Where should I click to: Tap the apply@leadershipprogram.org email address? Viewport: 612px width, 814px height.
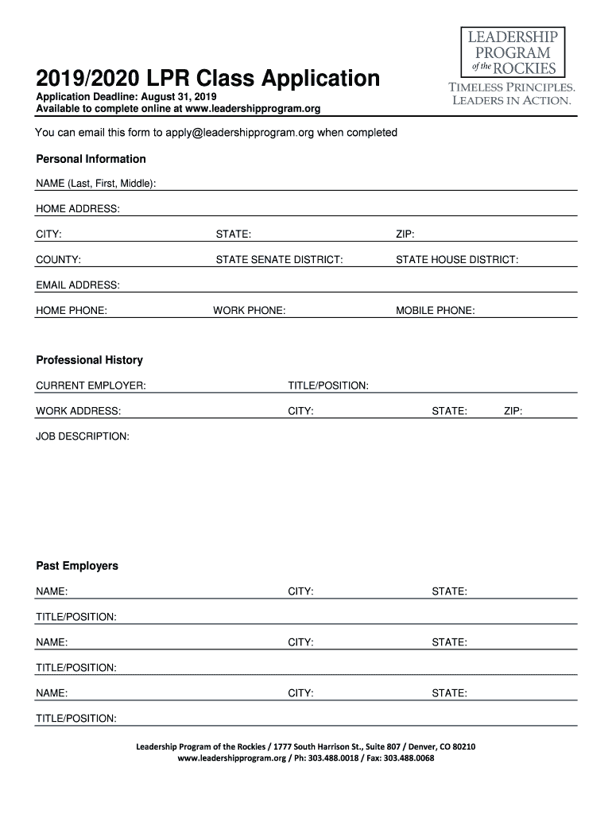click(239, 133)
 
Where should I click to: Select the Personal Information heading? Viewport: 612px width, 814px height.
click(91, 159)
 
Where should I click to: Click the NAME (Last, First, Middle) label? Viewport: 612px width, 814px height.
click(95, 184)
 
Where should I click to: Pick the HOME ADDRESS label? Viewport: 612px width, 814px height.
click(78, 209)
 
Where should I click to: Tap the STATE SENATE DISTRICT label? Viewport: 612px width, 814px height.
click(280, 260)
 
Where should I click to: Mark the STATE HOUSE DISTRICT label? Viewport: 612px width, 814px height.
click(457, 260)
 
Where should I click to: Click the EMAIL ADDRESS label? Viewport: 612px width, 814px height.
click(78, 285)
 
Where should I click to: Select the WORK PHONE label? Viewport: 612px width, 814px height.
click(250, 311)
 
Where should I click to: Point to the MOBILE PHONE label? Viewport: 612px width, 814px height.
click(436, 311)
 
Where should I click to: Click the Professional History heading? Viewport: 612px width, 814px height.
click(89, 360)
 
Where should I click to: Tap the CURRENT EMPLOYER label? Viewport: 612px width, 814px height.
click(91, 386)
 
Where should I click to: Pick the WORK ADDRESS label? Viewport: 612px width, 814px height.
click(78, 411)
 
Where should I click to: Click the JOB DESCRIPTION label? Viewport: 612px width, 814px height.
click(83, 436)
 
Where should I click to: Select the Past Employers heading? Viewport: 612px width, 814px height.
click(77, 566)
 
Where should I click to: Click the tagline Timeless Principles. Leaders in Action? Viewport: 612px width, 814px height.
click(512, 94)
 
